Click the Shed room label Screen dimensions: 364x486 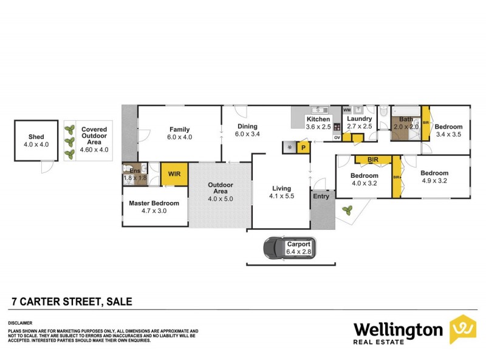click(36, 137)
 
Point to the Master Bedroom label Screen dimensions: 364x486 click(154, 203)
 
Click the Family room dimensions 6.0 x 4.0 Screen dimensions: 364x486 click(180, 137)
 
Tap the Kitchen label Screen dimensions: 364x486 click(318, 120)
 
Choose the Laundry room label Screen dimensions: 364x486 click(359, 119)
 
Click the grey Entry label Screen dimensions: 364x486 click(321, 196)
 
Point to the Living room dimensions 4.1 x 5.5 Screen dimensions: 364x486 click(281, 197)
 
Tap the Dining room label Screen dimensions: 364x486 click(247, 126)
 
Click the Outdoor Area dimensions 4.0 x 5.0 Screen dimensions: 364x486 click(220, 198)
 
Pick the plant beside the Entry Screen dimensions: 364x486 click(347, 211)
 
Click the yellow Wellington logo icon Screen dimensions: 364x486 click(462, 329)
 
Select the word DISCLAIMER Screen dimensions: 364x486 click(20, 323)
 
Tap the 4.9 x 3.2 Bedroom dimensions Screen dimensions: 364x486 click(434, 181)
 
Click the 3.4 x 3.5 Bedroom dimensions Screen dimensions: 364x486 click(450, 134)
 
